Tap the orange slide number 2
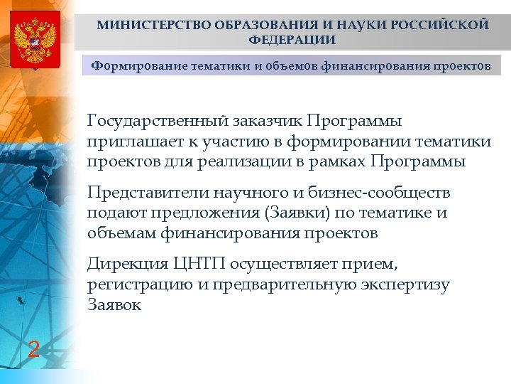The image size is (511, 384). tap(33, 349)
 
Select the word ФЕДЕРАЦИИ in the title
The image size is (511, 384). tap(292, 40)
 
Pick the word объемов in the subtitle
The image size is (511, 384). tap(291, 67)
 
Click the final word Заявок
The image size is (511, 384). tap(114, 306)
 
